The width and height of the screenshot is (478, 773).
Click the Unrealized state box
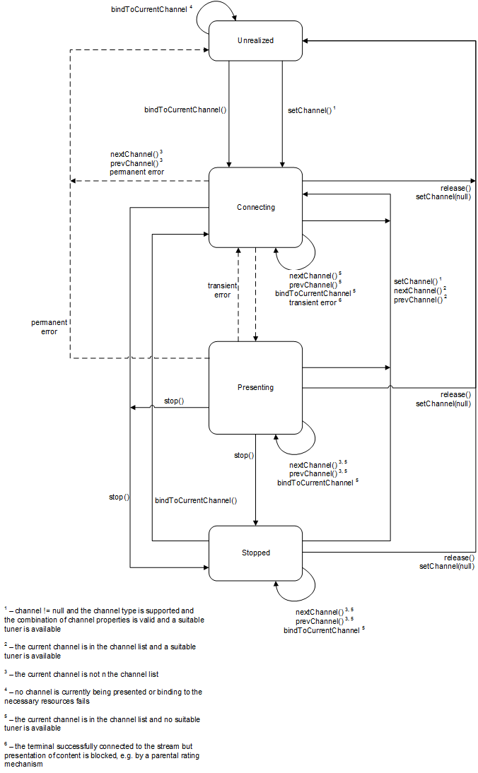(x=255, y=40)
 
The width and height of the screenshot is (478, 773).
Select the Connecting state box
(x=255, y=207)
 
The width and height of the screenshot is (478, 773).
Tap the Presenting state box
(x=255, y=387)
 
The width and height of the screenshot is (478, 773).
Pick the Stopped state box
(x=255, y=553)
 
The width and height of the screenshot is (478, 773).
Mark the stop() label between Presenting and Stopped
(x=243, y=455)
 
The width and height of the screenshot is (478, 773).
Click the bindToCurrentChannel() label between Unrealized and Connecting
(x=185, y=110)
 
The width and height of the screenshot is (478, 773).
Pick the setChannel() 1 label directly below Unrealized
(x=311, y=110)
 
